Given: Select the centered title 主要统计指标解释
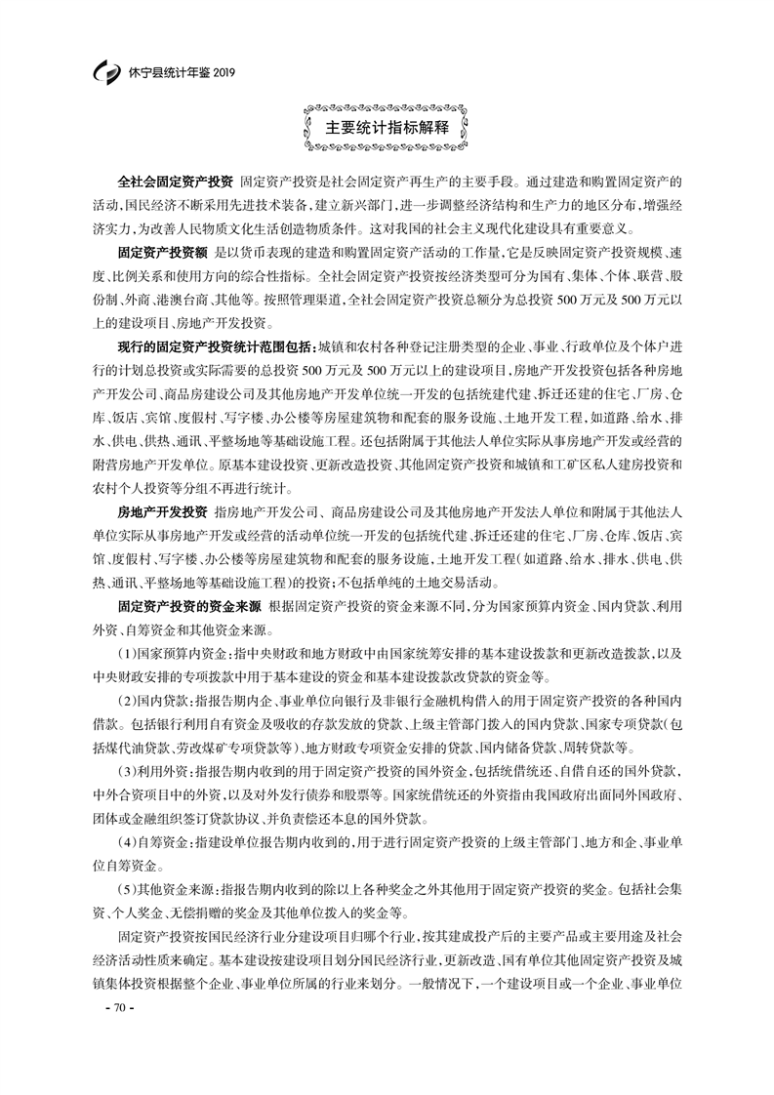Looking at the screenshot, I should click(387, 128).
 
